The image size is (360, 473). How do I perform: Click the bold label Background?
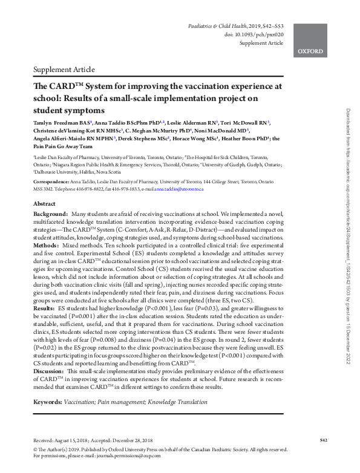click(x=51, y=215)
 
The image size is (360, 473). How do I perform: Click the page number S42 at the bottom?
click(x=324, y=439)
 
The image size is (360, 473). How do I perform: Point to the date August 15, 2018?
click(x=74, y=440)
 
